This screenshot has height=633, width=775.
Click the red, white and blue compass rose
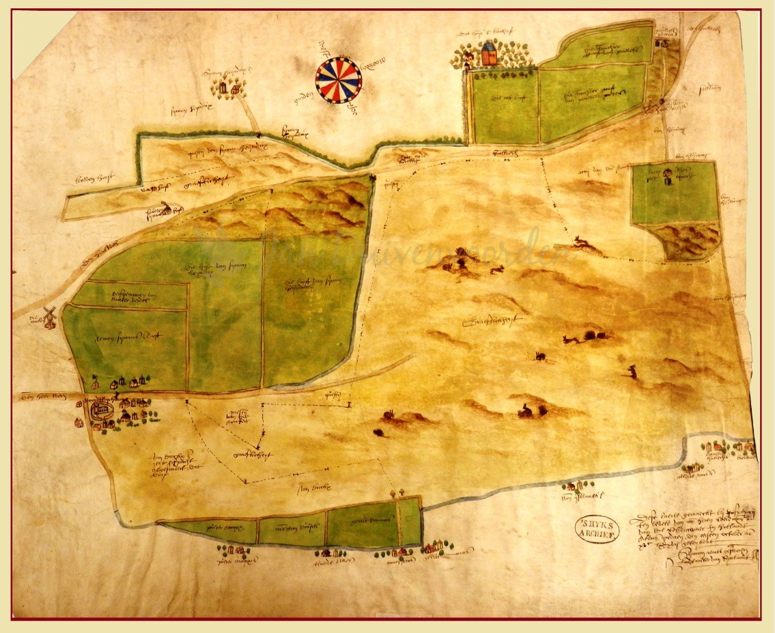pos(339,80)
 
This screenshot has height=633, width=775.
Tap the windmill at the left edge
pos(48,317)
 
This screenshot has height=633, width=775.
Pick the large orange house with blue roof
pos(489,53)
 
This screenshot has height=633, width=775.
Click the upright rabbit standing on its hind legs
pos(633,371)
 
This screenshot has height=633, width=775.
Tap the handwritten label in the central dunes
pos(485,320)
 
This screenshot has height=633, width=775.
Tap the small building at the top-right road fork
pos(660,42)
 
